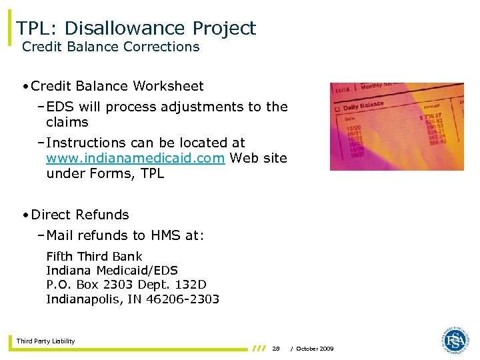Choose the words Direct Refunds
click(x=80, y=215)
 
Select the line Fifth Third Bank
click(x=94, y=257)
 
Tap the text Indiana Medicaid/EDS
click(x=112, y=271)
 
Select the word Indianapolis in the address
click(x=83, y=299)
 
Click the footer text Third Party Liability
click(x=46, y=341)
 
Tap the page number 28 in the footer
click(x=276, y=349)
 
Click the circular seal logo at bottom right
click(x=455, y=340)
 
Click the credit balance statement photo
click(x=397, y=126)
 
